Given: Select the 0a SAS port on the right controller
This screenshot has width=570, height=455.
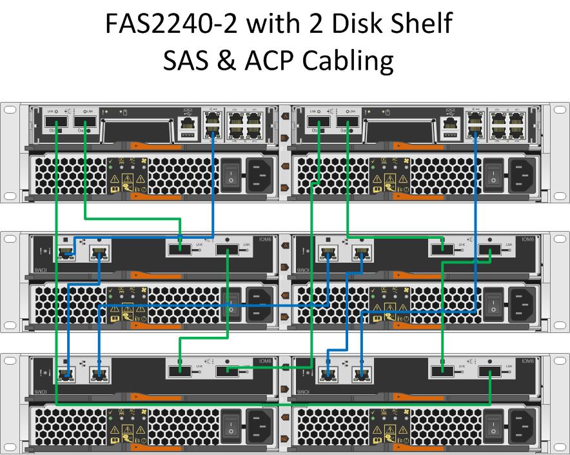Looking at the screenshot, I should click(x=348, y=123).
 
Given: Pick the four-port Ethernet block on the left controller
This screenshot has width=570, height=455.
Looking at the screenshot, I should click(x=244, y=123).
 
